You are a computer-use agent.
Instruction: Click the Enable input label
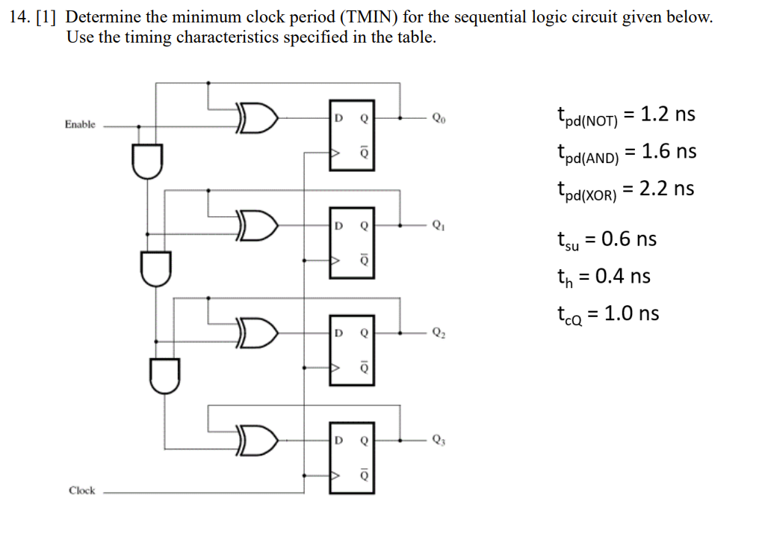tap(80, 124)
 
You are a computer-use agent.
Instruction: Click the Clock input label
tap(81, 491)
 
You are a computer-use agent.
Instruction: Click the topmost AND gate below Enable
tap(146, 161)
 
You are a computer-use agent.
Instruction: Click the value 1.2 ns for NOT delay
tap(657, 114)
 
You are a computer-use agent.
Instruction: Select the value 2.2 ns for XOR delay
tap(657, 188)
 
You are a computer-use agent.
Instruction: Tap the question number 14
tap(18, 17)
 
